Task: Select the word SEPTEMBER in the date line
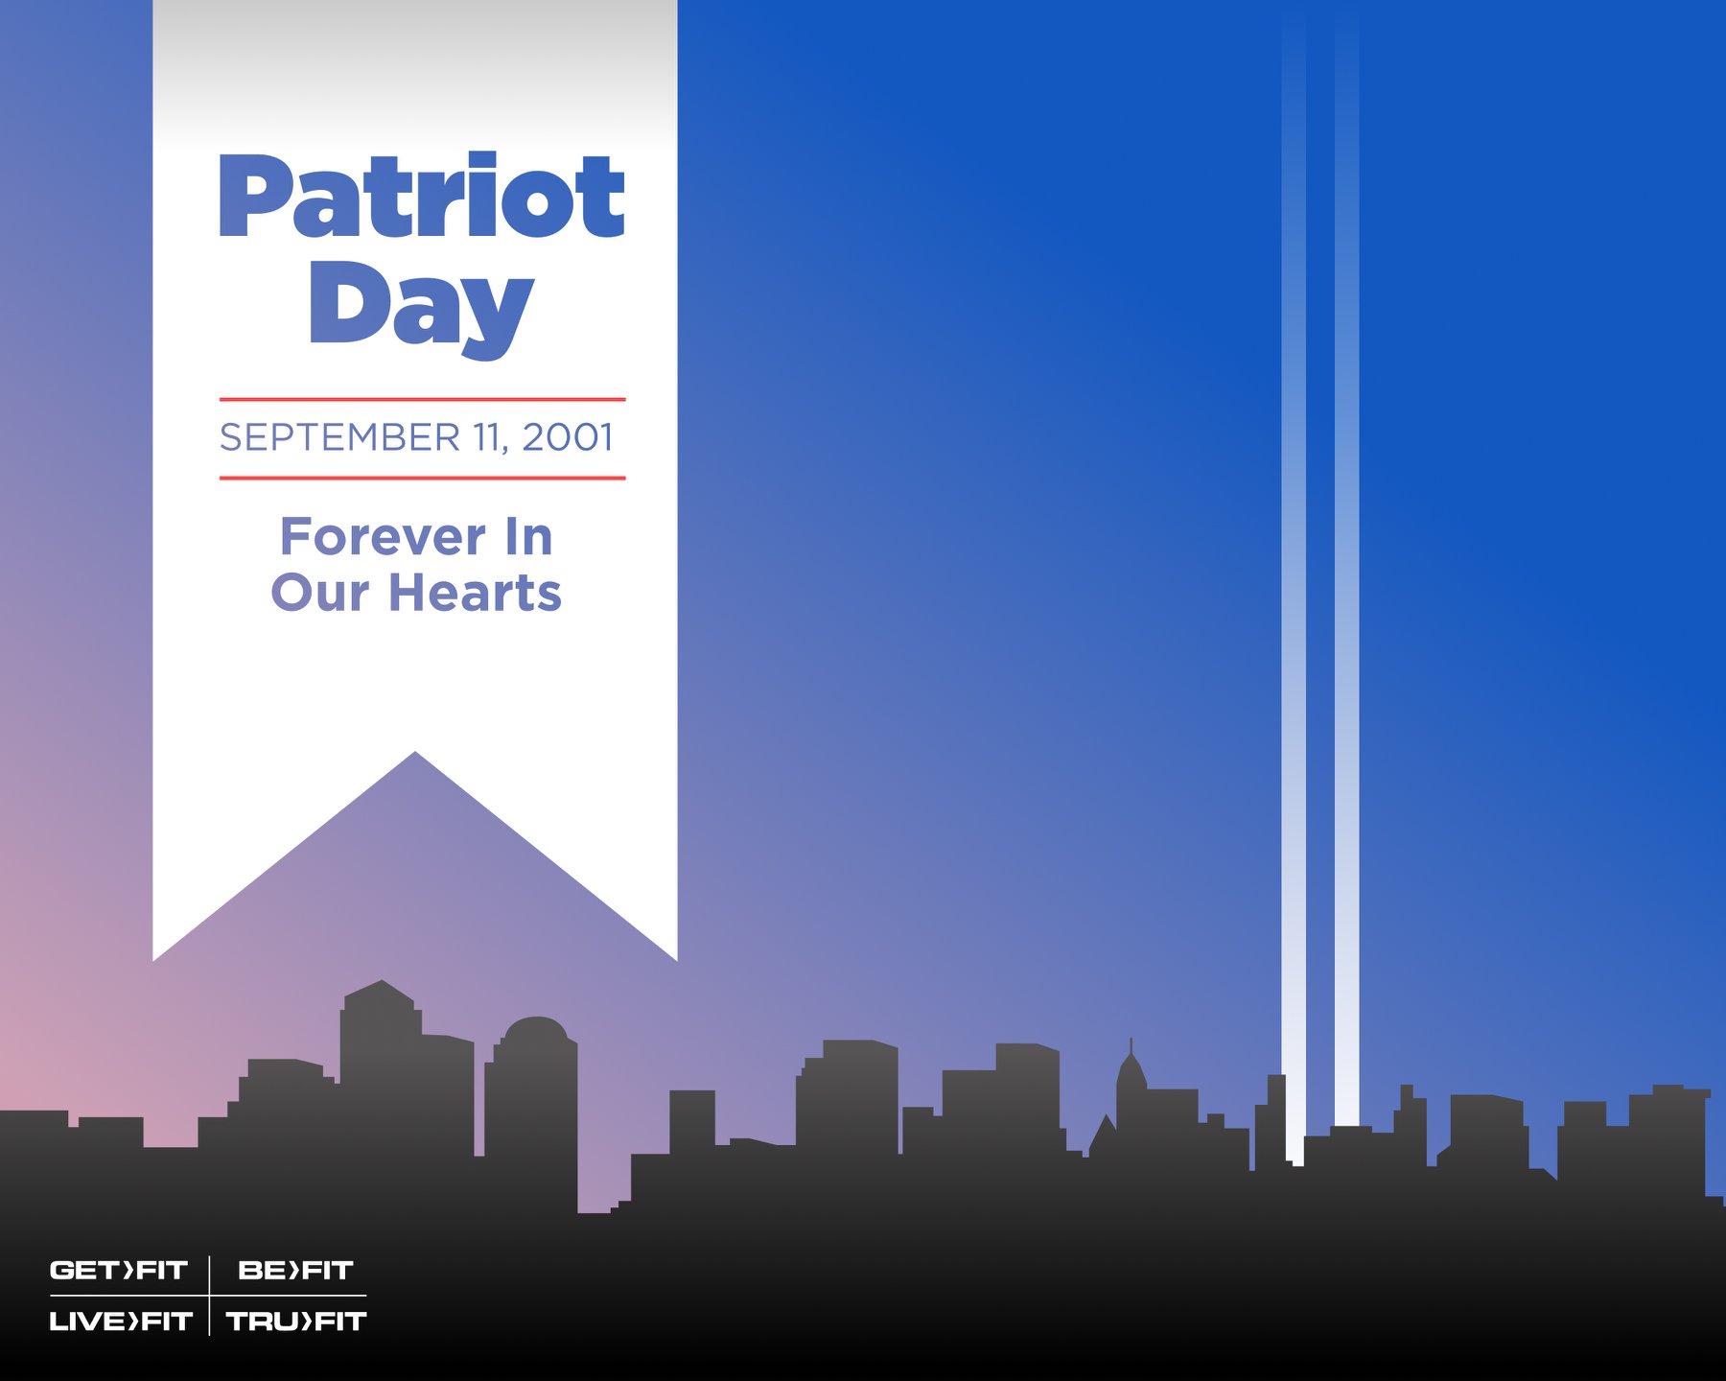340,437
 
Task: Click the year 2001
568,437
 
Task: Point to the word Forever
383,537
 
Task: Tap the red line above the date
422,399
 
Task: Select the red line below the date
422,478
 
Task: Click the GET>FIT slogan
118,1271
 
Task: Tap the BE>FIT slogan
295,1271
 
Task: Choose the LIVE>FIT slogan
121,1322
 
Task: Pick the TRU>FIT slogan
296,1322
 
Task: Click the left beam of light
1294,595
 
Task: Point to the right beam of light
1346,575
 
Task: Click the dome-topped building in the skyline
531,1112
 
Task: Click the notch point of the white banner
415,752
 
